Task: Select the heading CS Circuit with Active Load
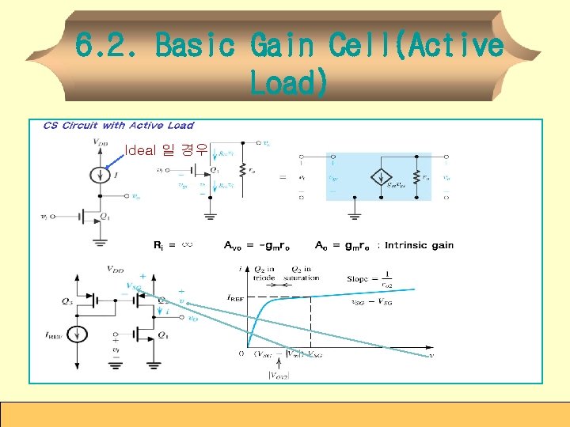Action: [118, 125]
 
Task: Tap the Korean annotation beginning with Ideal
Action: [166, 149]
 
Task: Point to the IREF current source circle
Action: [77, 333]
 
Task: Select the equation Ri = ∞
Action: [173, 245]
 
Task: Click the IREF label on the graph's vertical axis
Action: [234, 299]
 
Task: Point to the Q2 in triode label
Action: [264, 273]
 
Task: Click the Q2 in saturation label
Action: [305, 273]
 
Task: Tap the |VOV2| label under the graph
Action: [278, 374]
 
